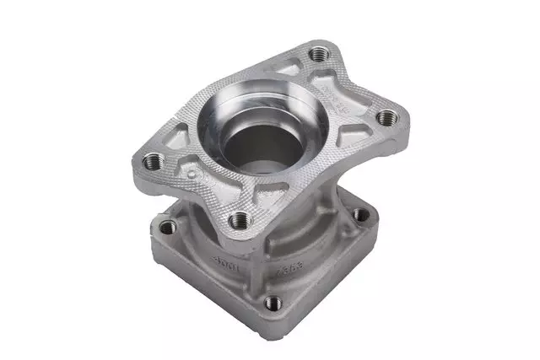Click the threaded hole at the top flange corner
point(318,55)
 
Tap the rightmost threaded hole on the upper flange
point(385,116)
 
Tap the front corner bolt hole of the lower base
point(273,302)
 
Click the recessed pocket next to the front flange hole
point(253,202)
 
